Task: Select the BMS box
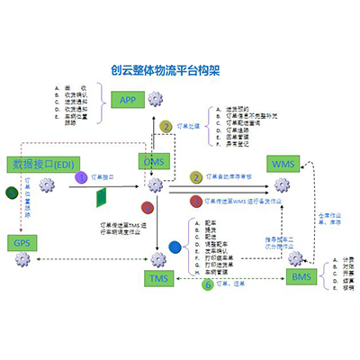300,276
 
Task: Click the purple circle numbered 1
81,179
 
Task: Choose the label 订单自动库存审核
235,177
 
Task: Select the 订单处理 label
185,127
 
